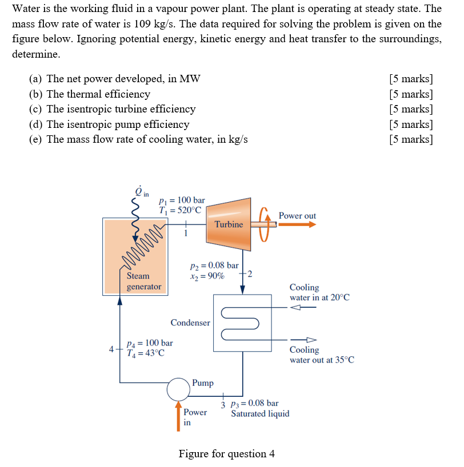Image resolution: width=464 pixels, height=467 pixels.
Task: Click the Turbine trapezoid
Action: [x=229, y=224]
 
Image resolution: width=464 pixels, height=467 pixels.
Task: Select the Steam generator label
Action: [x=143, y=281]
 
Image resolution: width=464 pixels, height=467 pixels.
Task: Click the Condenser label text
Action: [x=190, y=323]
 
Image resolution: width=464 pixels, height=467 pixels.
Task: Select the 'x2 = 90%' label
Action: [x=207, y=276]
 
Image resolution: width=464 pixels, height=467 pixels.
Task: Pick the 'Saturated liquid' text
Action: [x=260, y=413]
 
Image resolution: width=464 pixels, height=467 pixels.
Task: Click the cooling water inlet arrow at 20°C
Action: [x=302, y=307]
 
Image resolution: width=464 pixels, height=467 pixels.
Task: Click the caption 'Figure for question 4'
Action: [x=226, y=454]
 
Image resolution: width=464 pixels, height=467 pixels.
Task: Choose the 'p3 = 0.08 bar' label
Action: [x=254, y=404]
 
